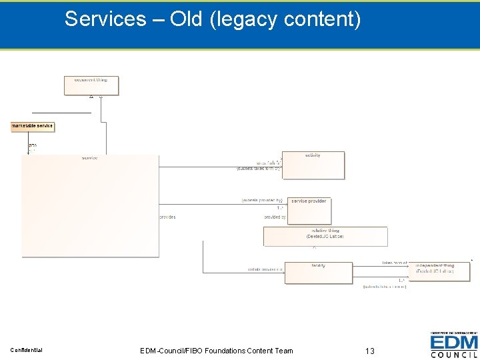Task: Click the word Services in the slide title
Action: tap(105, 19)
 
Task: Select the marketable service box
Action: tap(33, 126)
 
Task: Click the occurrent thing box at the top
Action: tap(91, 85)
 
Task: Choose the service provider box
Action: tap(309, 210)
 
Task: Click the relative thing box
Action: tap(325, 236)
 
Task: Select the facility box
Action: tap(318, 272)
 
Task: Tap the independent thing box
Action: tap(439, 271)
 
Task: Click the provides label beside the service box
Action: tap(168, 217)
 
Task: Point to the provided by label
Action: tap(275, 217)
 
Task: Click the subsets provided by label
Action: tap(262, 200)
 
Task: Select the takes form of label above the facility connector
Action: tap(394, 263)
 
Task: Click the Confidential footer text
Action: tap(27, 350)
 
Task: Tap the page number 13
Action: tap(371, 350)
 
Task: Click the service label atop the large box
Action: tap(89, 158)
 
